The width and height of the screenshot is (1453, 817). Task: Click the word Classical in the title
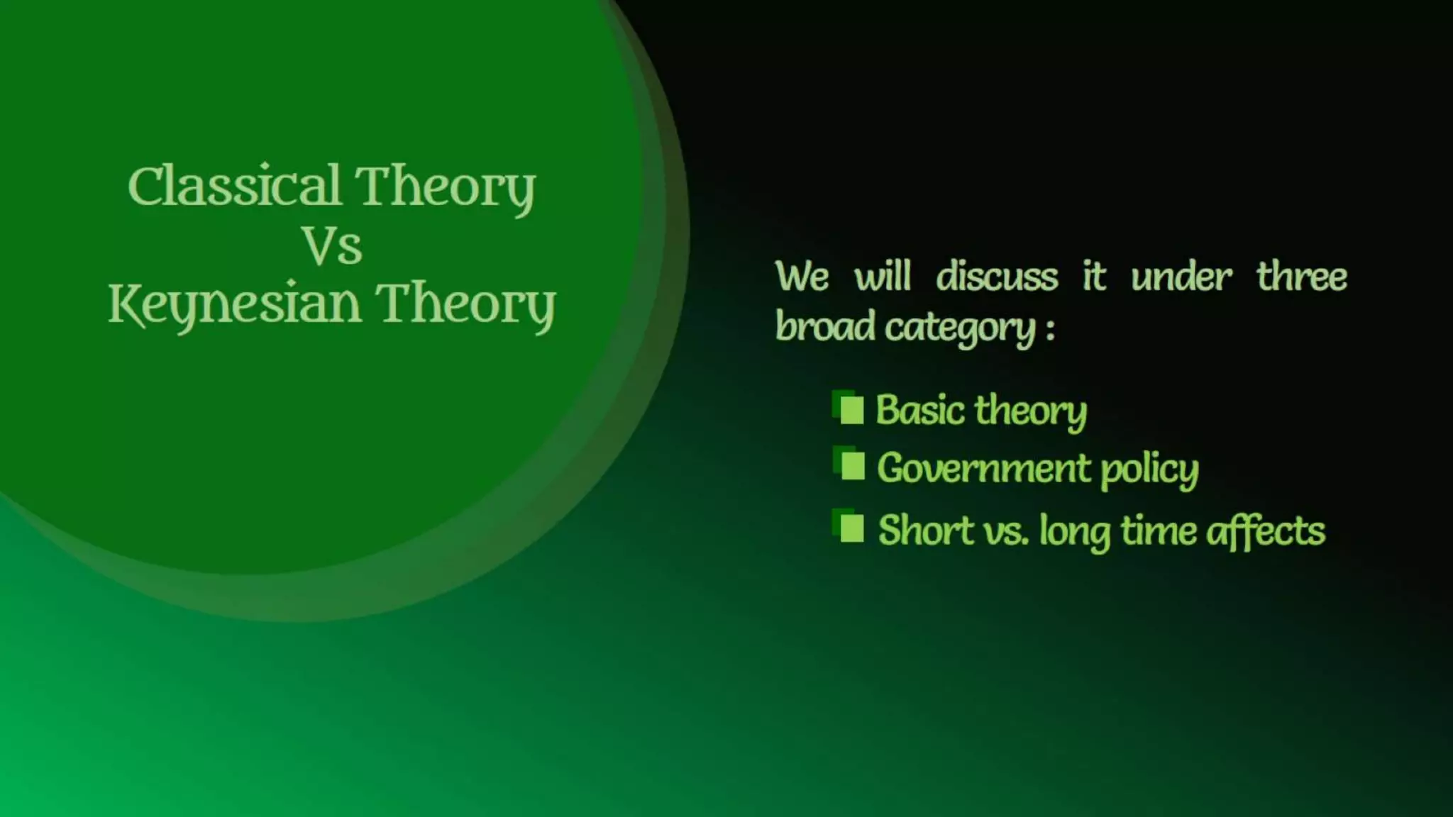point(234,186)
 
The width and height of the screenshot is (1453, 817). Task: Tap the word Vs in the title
point(332,246)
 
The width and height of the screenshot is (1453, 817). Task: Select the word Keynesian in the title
point(234,304)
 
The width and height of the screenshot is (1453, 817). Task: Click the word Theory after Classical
point(445,187)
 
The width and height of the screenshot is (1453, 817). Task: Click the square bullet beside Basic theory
point(851,409)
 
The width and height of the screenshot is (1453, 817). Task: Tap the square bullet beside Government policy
point(851,466)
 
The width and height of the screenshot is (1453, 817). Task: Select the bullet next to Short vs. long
point(851,528)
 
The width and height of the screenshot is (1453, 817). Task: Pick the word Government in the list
point(983,468)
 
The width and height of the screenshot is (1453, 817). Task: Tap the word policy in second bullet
point(1149,469)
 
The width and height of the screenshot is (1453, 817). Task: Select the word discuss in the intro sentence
point(996,276)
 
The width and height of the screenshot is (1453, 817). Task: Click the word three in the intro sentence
point(1301,276)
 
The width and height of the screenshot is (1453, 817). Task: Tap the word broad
point(824,327)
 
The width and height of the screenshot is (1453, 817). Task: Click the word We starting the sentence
point(802,276)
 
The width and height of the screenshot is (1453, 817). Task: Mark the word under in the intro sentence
point(1181,276)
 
